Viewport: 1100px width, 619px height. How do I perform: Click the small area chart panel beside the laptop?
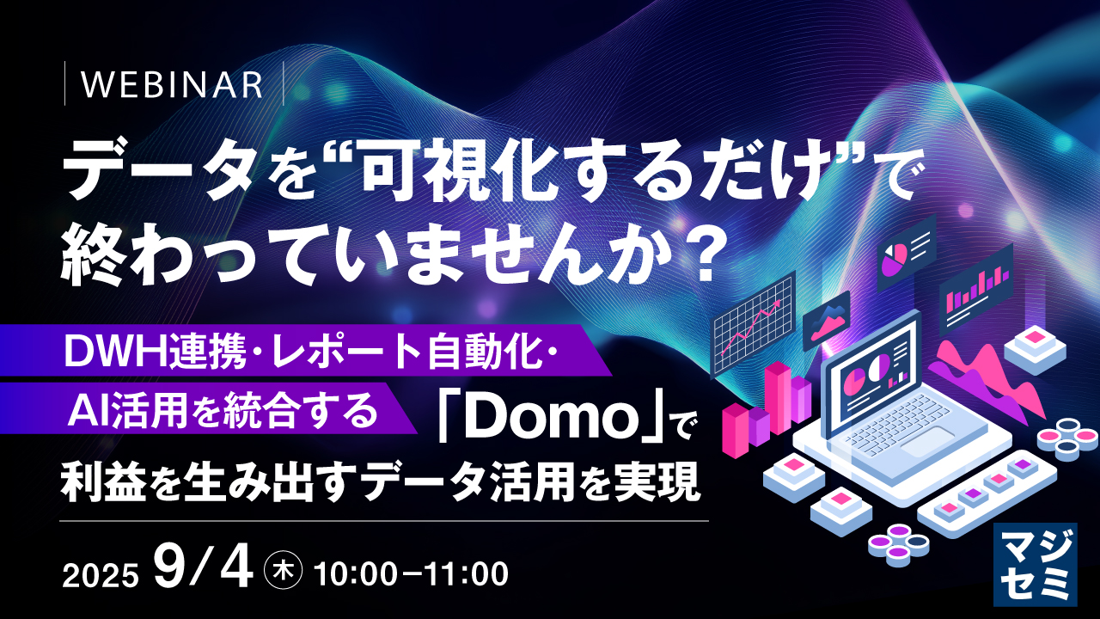pos(826,320)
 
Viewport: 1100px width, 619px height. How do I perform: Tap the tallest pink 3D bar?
pos(778,395)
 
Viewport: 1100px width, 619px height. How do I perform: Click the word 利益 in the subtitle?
pos(94,484)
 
